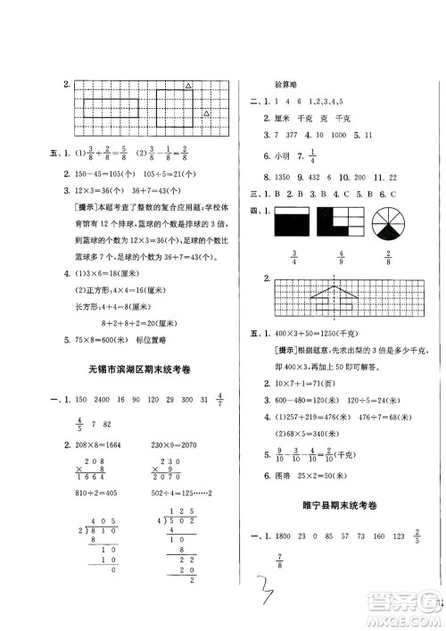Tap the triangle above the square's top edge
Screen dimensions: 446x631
click(x=188, y=86)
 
